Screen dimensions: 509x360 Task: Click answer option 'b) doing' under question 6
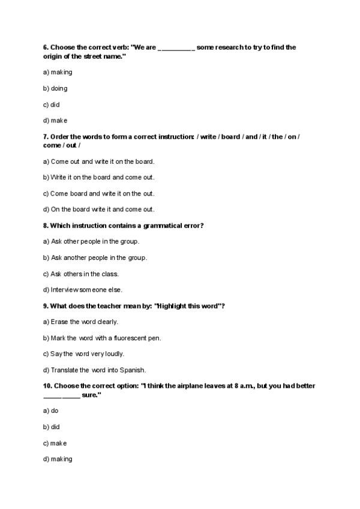tap(55, 88)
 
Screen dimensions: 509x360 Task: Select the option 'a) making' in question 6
tap(58, 72)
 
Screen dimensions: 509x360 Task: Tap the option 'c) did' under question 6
tap(52, 104)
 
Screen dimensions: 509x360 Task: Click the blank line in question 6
tap(176, 48)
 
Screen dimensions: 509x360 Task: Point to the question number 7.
tap(46, 137)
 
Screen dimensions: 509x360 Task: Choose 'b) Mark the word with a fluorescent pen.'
tap(102, 338)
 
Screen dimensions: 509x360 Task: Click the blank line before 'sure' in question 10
tap(61, 396)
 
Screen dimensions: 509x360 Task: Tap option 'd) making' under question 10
tap(58, 459)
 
